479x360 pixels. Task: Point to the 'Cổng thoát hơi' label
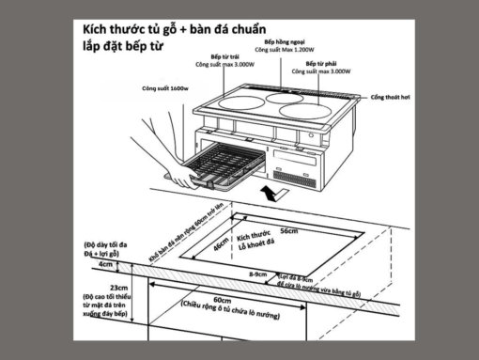tap(391, 98)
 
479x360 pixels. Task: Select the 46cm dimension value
tap(221, 249)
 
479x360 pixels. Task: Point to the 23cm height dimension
tap(118, 288)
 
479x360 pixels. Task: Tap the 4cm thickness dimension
tap(104, 265)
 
